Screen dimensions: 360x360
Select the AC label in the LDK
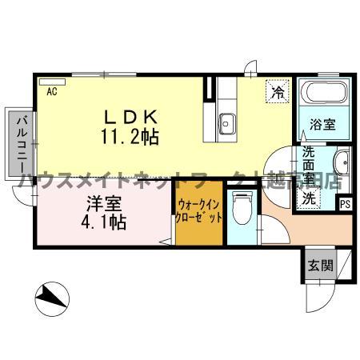click(52, 92)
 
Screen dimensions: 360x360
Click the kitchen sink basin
click(226, 123)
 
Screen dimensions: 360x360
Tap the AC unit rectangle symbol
click(54, 80)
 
